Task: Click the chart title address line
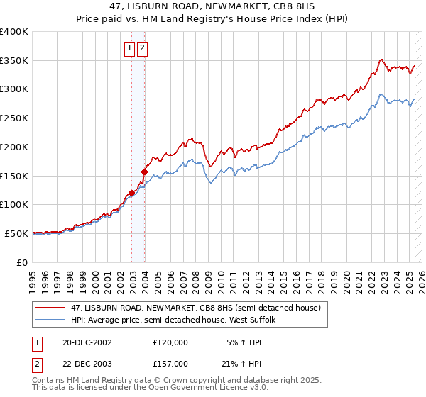[x=212, y=6]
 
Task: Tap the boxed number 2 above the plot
[x=143, y=48]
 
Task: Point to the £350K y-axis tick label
[x=14, y=61]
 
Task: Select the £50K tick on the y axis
[x=17, y=233]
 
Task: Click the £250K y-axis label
[x=14, y=118]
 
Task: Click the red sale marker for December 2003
[x=144, y=171]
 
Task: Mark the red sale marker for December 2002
[x=132, y=192]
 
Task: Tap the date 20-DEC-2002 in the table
[x=87, y=342]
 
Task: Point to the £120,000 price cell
[x=170, y=342]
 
